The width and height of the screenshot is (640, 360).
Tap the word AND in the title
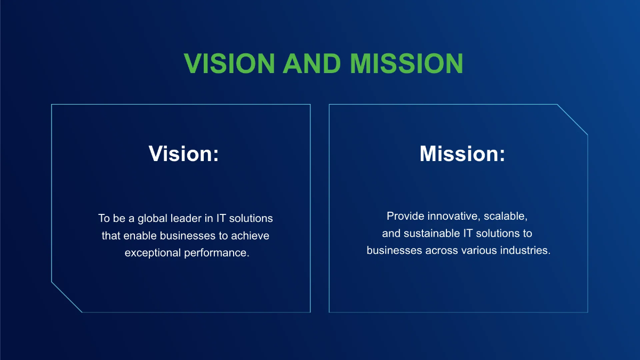pyautogui.click(x=311, y=63)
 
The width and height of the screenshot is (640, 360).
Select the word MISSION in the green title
pyautogui.click(x=406, y=63)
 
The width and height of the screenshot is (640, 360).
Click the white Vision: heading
pyautogui.click(x=184, y=154)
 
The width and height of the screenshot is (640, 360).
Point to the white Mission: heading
pyautogui.click(x=462, y=154)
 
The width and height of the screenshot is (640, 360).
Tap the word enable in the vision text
pyautogui.click(x=140, y=236)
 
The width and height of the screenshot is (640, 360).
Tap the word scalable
pyautogui.click(x=506, y=217)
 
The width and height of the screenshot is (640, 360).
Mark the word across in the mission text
pyautogui.click(x=442, y=251)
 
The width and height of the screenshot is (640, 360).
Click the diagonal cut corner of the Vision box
pyautogui.click(x=67, y=297)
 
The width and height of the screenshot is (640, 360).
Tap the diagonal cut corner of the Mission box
pyautogui.click(x=572, y=119)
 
